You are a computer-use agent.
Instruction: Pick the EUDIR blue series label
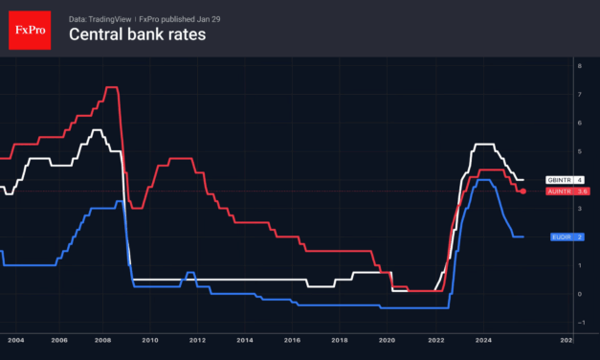pyautogui.click(x=561, y=236)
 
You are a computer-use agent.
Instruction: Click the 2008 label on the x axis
pyautogui.click(x=106, y=339)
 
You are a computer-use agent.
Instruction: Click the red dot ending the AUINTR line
pyautogui.click(x=522, y=191)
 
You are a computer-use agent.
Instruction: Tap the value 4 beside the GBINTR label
pyautogui.click(x=579, y=180)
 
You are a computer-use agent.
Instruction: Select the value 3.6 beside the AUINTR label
pyautogui.click(x=580, y=191)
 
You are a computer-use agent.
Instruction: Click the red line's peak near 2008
pyautogui.click(x=111, y=87)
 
